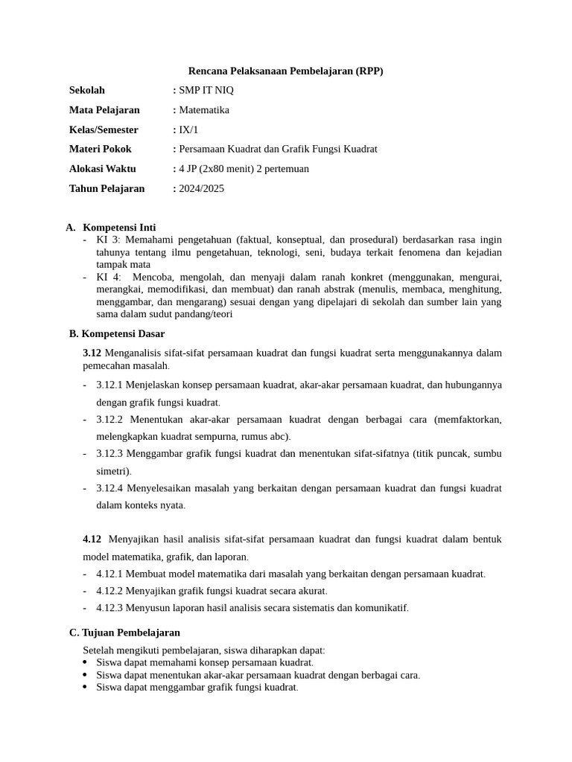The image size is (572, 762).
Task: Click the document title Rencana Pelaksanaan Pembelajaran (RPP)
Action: (285, 71)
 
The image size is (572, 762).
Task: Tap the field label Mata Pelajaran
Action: (104, 110)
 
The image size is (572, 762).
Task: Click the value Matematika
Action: (204, 110)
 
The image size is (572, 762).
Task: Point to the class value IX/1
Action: (189, 129)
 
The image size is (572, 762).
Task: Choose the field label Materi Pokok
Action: (100, 149)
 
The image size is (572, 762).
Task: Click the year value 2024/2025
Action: (201, 188)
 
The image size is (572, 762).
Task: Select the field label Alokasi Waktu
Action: (103, 169)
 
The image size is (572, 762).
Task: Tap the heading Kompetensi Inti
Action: (119, 227)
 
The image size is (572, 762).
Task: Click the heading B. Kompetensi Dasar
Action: (117, 333)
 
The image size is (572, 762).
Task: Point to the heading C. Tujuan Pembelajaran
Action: (124, 633)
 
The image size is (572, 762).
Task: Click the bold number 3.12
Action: (92, 353)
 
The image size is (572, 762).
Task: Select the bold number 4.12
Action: (92, 539)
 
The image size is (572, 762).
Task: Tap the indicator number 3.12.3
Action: (109, 453)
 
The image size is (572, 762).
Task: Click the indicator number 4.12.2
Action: (109, 591)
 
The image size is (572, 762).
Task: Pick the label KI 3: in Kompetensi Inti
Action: (109, 240)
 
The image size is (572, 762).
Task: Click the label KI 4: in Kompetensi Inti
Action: (109, 277)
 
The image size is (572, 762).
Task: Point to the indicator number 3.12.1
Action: (109, 385)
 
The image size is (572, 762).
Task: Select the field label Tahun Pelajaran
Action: (107, 188)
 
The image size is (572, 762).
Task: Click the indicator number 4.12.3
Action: (109, 608)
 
